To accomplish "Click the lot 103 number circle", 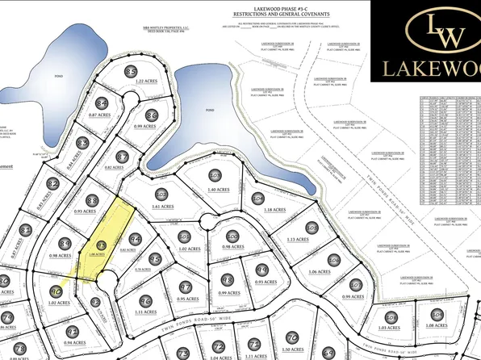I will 215,174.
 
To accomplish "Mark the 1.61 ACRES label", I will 165,207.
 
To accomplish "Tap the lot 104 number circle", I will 257,198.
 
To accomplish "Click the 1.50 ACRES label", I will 297,350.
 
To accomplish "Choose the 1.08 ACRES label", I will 438,325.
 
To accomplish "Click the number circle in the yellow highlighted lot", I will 102,243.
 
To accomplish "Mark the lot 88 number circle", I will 92,200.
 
